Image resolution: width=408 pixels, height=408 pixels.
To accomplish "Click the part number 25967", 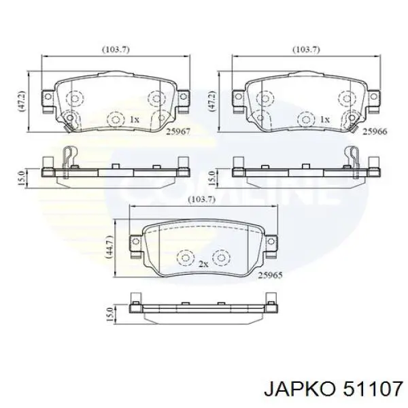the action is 178,131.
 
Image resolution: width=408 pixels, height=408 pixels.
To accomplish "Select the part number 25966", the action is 375,131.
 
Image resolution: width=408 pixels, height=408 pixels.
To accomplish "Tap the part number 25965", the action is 270,275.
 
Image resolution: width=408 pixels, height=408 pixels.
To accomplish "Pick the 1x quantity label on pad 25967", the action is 135,120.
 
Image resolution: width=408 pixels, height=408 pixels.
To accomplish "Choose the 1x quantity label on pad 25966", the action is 324,120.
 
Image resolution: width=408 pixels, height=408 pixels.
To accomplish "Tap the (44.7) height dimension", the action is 109,247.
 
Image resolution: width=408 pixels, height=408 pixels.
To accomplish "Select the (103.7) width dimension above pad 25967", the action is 116,50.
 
